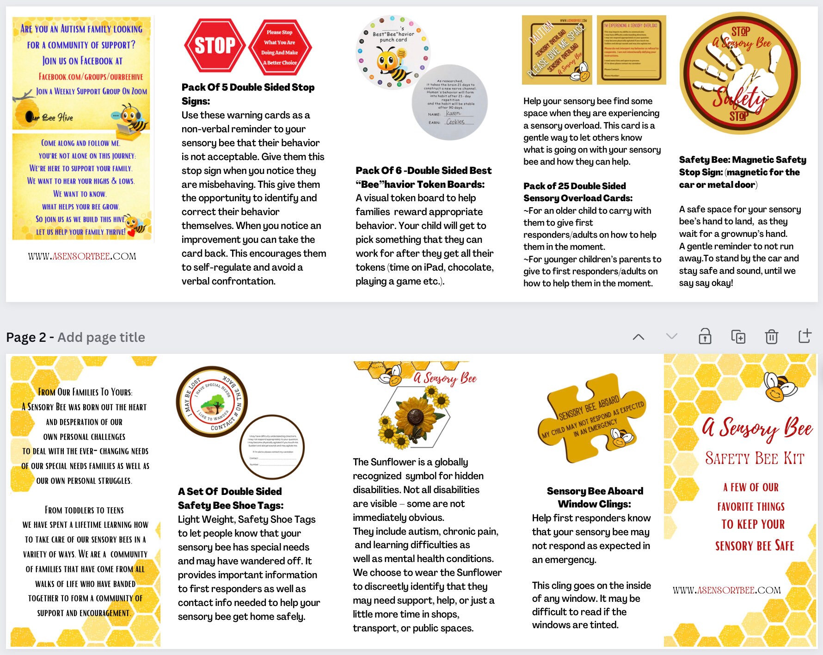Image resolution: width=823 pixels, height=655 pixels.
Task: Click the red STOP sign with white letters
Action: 215,45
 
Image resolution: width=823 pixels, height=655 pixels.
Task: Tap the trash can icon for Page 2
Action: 771,337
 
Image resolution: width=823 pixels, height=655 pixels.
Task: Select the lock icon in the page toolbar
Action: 705,336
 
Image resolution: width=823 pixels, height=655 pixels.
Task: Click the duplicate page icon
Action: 738,337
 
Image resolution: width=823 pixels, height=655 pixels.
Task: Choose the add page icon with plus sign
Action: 805,336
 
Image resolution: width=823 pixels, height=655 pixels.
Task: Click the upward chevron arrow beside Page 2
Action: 638,337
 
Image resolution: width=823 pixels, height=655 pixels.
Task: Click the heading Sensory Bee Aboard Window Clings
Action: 595,497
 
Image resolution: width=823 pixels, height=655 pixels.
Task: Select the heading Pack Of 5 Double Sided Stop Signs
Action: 248,94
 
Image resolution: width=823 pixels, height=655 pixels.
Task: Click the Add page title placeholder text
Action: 101,337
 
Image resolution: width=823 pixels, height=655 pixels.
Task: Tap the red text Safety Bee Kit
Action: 755,458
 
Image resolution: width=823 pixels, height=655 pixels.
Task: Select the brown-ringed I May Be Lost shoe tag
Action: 212,402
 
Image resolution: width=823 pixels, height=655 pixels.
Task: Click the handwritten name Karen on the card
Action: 453,113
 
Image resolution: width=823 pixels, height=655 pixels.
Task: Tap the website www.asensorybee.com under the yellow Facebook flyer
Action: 82,256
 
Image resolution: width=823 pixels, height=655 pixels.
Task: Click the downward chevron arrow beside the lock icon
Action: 671,336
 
